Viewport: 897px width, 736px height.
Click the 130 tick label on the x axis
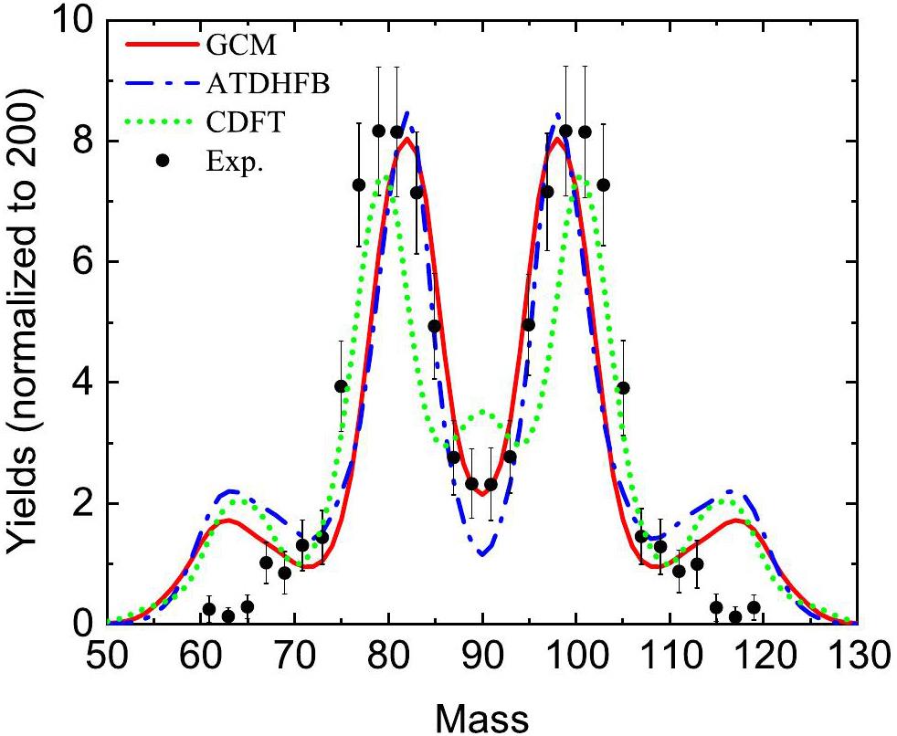pyautogui.click(x=854, y=655)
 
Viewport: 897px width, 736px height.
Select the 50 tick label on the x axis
pyautogui.click(x=109, y=655)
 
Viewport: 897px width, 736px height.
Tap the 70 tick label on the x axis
pyautogui.click(x=295, y=655)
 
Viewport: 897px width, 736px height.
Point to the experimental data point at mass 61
pyautogui.click(x=209, y=609)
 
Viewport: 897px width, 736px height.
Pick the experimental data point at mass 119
pyautogui.click(x=754, y=607)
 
